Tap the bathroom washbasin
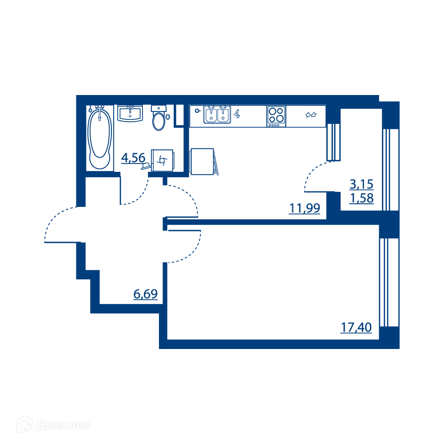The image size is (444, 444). click(x=130, y=113)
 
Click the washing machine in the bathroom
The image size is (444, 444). click(x=163, y=160)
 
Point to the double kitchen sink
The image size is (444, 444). click(x=217, y=115)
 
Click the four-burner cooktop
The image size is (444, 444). click(x=276, y=116)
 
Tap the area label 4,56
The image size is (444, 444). click(x=133, y=158)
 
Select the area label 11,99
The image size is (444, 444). click(x=305, y=208)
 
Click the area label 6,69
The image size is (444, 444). click(x=146, y=294)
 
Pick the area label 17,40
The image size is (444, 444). click(x=356, y=328)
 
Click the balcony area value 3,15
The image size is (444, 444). click(x=361, y=184)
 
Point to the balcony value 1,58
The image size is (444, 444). click(x=361, y=198)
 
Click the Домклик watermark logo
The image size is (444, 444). click(x=53, y=425)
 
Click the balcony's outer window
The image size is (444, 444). click(x=391, y=170)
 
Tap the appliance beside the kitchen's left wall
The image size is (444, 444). click(x=204, y=162)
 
